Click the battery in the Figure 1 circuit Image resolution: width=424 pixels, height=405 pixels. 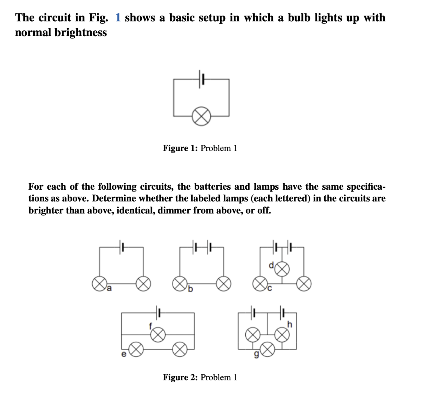[202, 79]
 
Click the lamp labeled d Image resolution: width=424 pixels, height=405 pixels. [282, 269]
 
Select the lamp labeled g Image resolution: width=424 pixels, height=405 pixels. [268, 350]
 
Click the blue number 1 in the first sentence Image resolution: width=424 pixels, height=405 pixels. [118, 18]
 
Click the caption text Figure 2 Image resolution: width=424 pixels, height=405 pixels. [180, 377]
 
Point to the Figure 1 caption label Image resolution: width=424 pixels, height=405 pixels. [180, 148]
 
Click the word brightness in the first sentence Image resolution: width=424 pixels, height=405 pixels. [81, 33]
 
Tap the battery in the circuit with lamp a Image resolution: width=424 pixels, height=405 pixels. [122, 247]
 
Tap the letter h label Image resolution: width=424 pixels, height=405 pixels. [290, 324]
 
